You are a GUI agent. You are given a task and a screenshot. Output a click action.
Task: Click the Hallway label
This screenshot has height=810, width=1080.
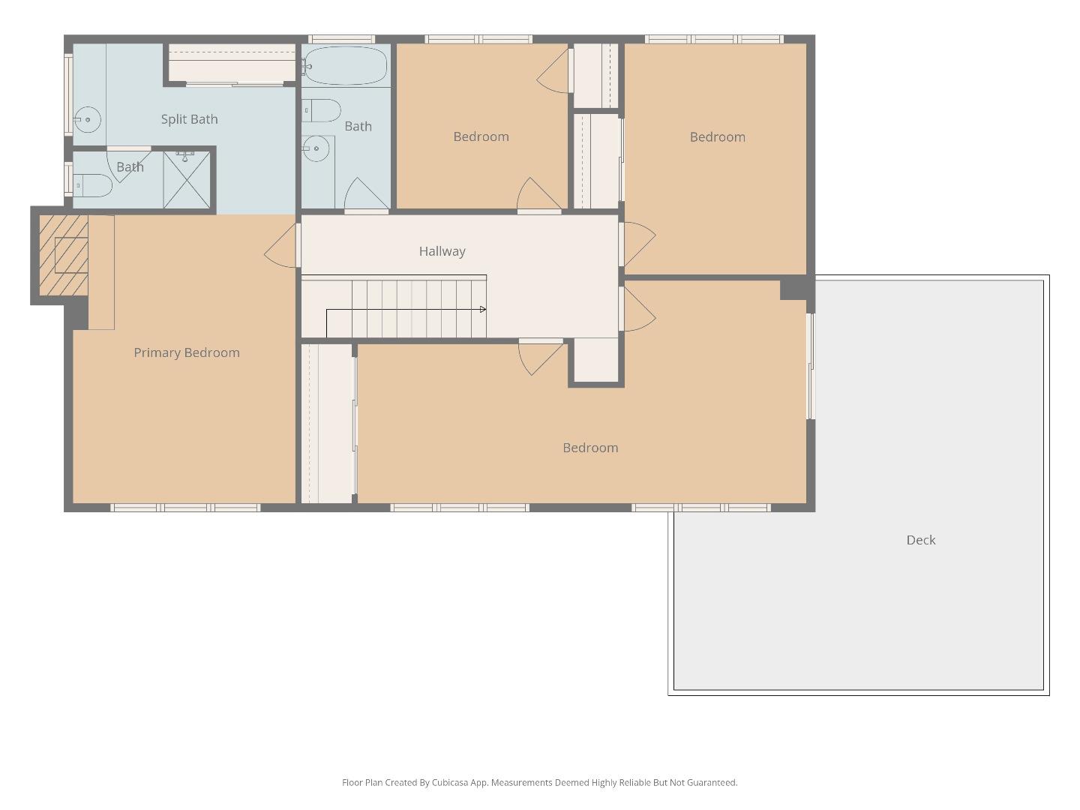pyautogui.click(x=442, y=251)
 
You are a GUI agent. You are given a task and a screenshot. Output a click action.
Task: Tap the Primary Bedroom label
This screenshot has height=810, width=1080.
pyautogui.click(x=187, y=352)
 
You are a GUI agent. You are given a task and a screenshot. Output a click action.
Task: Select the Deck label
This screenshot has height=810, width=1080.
pyautogui.click(x=920, y=540)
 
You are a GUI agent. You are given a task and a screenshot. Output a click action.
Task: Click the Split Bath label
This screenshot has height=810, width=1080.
pyautogui.click(x=189, y=119)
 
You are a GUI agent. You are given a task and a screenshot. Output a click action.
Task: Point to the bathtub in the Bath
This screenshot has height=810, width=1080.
pyautogui.click(x=346, y=66)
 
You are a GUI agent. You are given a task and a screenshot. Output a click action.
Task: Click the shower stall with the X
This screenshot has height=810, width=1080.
pyautogui.click(x=187, y=180)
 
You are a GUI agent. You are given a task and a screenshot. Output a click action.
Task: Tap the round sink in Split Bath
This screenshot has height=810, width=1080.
pyautogui.click(x=88, y=119)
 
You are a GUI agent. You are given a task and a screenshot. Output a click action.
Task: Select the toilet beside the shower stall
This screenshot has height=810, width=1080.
pyautogui.click(x=92, y=185)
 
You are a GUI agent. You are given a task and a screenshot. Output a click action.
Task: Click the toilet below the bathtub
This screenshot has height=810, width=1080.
pyautogui.click(x=322, y=110)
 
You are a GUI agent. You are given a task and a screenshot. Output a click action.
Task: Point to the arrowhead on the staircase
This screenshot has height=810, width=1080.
pyautogui.click(x=482, y=309)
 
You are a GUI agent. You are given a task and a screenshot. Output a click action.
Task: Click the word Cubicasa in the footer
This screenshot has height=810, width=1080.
pyautogui.click(x=450, y=782)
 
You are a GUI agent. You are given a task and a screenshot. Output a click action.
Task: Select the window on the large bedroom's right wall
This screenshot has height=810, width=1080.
pyautogui.click(x=810, y=366)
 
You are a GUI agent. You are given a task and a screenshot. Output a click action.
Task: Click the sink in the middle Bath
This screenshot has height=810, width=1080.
pyautogui.click(x=316, y=148)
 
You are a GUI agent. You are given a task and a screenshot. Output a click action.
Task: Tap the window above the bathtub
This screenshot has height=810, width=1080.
pyautogui.click(x=341, y=39)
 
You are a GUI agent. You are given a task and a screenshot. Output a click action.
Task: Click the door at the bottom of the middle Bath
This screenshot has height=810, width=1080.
pyautogui.click(x=366, y=195)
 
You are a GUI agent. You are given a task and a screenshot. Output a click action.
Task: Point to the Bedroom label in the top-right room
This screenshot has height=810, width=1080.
pyautogui.click(x=717, y=137)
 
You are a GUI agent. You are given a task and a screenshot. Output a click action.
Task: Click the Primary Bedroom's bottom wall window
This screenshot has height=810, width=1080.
pyautogui.click(x=185, y=508)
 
